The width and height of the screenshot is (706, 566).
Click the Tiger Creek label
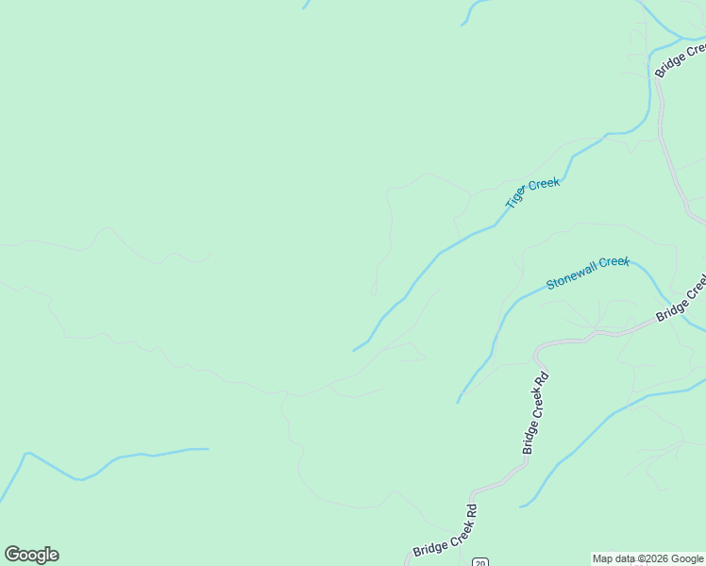533,192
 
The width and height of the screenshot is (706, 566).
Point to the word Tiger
516,198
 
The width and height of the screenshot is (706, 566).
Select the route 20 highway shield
480,562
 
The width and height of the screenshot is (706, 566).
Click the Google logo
31,555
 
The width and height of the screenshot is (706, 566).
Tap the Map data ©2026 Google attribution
648,558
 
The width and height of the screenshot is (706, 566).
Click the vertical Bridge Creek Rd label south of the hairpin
534,413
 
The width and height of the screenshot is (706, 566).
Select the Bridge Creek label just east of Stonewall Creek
681,298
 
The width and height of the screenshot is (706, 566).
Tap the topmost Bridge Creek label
680,58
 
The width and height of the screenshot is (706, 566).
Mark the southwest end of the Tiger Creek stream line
354,351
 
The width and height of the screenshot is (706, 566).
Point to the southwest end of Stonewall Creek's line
458,402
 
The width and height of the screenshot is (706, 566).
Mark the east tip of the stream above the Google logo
207,449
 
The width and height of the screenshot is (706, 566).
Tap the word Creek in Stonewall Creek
614,262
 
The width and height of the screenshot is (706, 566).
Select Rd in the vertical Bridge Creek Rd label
541,382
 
